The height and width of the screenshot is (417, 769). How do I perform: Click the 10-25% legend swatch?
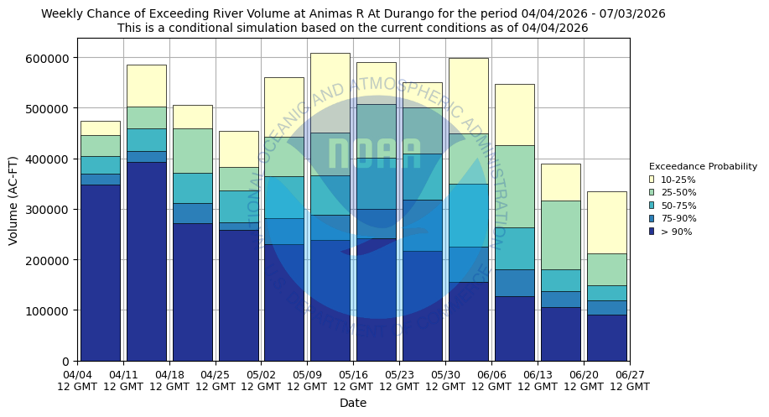click(x=652, y=180)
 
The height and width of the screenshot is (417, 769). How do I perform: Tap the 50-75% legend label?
click(x=678, y=206)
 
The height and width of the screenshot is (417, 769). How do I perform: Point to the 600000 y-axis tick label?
click(x=51, y=58)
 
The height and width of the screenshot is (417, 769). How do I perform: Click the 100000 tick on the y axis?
click(x=51, y=310)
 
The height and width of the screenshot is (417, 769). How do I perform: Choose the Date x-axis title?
click(x=353, y=403)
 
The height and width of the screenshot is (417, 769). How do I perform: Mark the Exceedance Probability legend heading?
click(x=703, y=166)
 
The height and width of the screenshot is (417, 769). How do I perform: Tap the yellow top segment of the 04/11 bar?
click(x=146, y=86)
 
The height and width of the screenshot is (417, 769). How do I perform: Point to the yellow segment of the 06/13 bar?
click(x=560, y=182)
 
